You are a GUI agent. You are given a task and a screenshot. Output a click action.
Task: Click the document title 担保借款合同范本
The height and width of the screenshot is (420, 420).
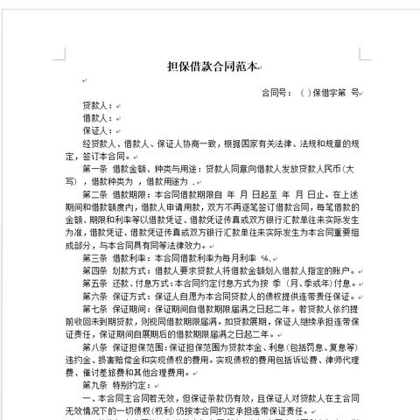click(x=209, y=66)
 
